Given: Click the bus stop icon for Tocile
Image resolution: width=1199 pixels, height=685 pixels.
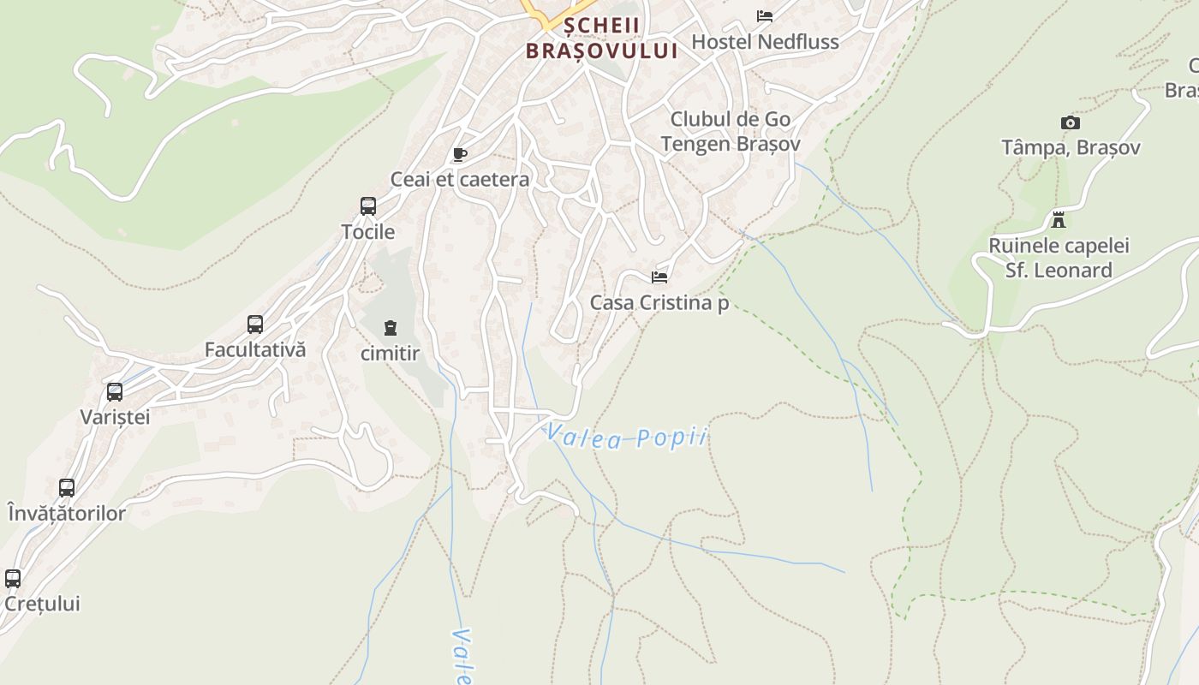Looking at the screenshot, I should click(368, 206).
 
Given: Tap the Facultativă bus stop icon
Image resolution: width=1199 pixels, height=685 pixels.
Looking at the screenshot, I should click(255, 325).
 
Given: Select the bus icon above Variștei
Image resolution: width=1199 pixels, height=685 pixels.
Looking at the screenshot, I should click(115, 392).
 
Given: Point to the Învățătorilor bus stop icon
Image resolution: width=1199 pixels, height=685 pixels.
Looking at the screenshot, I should click(67, 488).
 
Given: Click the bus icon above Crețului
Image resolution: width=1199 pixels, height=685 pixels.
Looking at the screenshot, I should click(13, 578).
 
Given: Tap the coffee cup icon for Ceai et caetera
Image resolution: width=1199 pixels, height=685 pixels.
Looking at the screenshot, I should click(460, 155).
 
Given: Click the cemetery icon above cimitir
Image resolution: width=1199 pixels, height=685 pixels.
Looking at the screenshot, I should click(391, 328).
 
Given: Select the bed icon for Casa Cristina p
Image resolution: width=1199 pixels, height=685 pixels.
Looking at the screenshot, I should click(659, 277).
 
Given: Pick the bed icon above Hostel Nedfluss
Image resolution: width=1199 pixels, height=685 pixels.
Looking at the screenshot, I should click(765, 16).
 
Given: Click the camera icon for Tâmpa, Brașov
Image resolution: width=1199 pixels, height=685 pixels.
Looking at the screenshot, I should click(1071, 123).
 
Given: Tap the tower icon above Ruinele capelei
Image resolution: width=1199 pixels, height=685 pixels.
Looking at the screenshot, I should click(1059, 220).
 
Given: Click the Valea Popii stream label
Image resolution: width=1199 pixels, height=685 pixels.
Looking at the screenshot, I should click(628, 437).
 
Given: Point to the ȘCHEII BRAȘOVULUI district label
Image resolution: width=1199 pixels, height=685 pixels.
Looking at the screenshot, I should click(601, 38).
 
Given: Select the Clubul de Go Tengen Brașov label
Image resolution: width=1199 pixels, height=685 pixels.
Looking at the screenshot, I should click(731, 131).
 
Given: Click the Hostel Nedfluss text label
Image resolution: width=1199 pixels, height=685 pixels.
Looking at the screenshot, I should click(765, 41).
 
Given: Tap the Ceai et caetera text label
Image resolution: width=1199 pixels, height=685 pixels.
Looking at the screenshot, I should click(460, 180).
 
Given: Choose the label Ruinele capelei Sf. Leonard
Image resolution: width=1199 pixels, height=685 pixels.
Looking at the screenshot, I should click(1059, 258).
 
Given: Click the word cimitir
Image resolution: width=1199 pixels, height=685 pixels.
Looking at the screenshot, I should click(391, 353).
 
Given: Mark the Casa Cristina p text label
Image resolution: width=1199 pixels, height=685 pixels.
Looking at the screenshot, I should click(659, 302).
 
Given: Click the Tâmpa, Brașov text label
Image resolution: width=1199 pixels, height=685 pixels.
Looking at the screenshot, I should click(1071, 148).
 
